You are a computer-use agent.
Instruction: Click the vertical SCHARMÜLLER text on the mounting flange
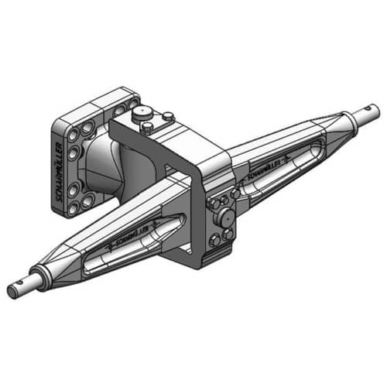[61, 172]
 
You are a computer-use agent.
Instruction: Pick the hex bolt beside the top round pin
[166, 118]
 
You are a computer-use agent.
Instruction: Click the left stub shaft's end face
[13, 292]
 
